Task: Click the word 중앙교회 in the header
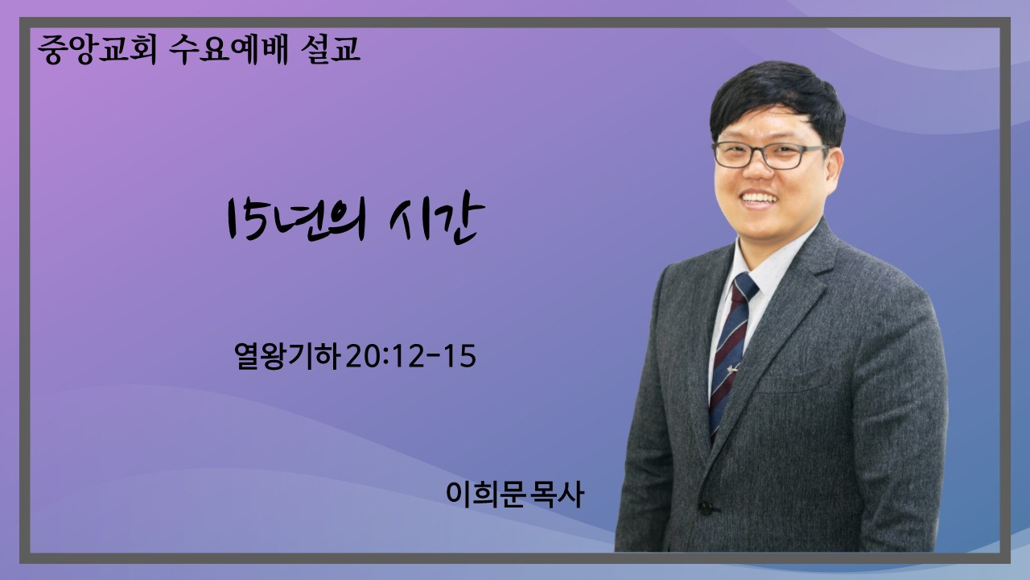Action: pos(97,49)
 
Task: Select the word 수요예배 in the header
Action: pos(229,49)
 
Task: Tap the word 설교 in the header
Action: pos(330,48)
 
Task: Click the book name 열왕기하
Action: pos(287,356)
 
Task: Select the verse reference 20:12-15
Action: pos(410,356)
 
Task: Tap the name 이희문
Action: pos(486,495)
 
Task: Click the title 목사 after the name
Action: pos(557,495)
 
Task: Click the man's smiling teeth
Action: pos(759,198)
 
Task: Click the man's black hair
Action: pos(778,99)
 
